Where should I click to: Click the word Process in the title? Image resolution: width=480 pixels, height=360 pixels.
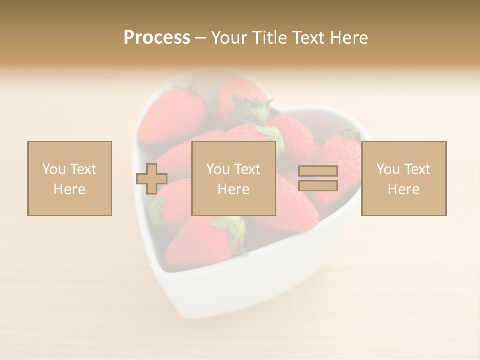pos(157,38)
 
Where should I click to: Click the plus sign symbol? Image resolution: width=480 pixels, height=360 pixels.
pos(152,179)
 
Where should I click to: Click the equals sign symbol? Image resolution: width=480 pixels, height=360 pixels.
pos(318,178)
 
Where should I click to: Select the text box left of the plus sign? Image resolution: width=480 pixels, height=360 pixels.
pos(69,178)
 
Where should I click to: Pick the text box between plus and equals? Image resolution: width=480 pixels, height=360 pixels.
pos(233,178)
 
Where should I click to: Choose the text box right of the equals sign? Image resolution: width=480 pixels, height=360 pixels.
pos(403,178)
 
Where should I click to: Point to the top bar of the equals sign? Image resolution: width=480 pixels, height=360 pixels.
pos(318,171)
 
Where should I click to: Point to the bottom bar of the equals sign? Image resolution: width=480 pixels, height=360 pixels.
pos(318,185)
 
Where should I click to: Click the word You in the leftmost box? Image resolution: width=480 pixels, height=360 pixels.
pos(54,169)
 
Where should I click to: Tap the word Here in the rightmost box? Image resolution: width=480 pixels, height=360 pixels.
pos(403,189)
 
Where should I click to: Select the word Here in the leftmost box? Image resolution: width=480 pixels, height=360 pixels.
pos(69,189)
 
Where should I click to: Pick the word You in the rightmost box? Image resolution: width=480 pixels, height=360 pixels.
pos(388,169)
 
